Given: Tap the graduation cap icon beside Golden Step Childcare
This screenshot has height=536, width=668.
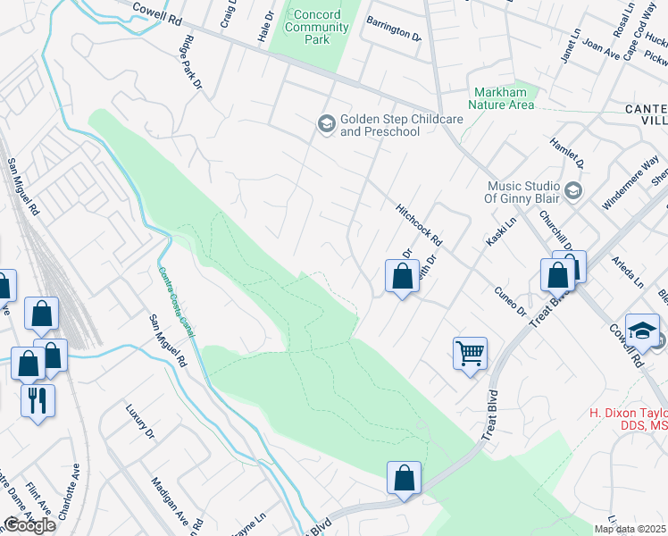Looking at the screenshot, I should tap(326, 123).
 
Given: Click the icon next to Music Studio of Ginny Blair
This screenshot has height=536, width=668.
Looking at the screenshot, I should tap(573, 190).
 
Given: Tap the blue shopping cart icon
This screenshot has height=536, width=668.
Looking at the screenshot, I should tap(470, 353).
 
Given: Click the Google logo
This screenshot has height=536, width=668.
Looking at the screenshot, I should tap(29, 525).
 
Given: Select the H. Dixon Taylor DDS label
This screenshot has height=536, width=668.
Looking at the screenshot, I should tap(628, 421).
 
